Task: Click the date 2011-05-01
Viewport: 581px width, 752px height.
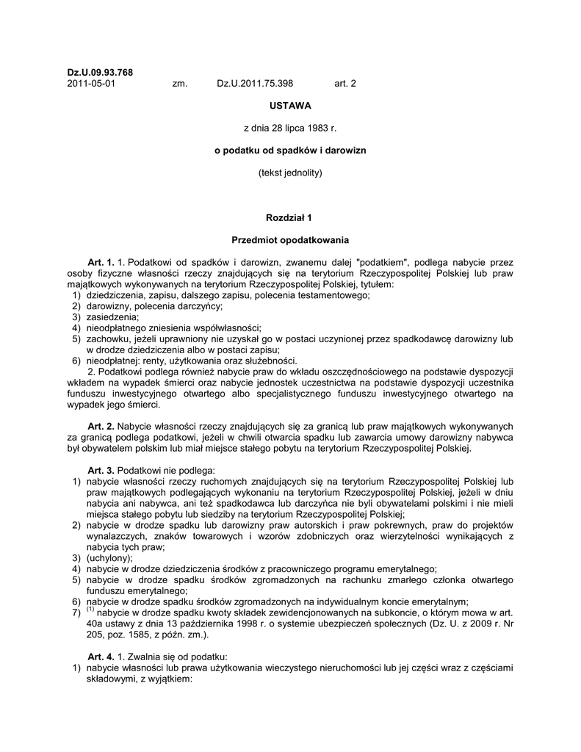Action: [91, 84]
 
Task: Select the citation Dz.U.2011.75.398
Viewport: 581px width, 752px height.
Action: [255, 84]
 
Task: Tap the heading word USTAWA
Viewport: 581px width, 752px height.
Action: [290, 106]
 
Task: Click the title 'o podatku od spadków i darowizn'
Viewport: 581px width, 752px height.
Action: [290, 151]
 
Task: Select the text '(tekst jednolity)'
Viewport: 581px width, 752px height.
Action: [290, 173]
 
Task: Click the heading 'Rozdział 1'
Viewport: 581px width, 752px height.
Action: [290, 218]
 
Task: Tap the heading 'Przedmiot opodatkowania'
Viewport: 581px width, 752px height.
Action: [290, 240]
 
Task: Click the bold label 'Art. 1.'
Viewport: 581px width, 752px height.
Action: [101, 262]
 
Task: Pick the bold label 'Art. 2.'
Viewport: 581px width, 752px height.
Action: [101, 426]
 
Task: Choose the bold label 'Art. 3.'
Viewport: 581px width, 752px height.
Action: [101, 470]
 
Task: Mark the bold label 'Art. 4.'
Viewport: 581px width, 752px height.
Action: [101, 656]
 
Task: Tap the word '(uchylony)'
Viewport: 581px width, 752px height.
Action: [109, 557]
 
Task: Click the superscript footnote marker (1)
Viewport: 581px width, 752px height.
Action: [90, 610]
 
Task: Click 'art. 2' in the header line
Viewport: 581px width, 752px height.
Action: [345, 84]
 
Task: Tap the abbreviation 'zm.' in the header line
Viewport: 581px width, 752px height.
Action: [180, 84]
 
